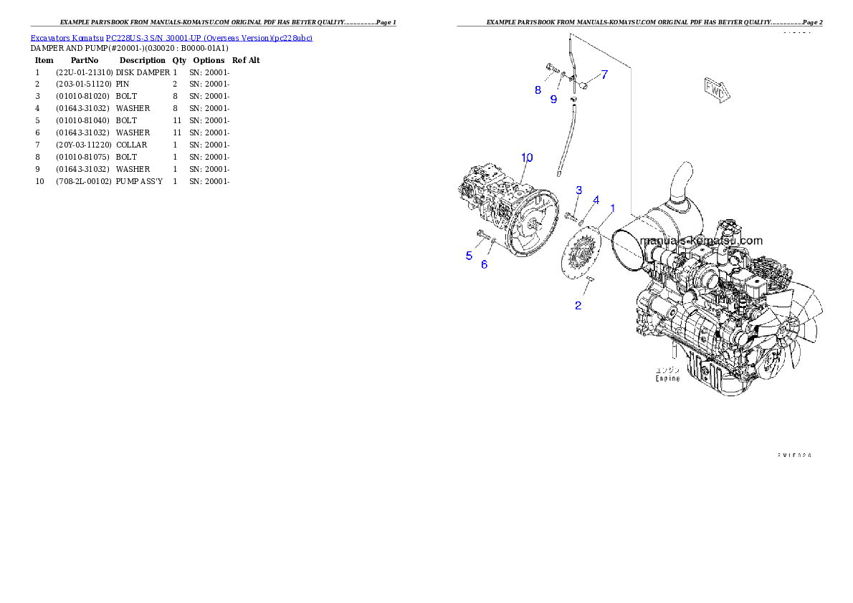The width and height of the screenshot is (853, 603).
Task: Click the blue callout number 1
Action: pyautogui.click(x=612, y=208)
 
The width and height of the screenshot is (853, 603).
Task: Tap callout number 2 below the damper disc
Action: pyautogui.click(x=578, y=306)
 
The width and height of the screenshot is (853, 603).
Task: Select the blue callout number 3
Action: pyautogui.click(x=578, y=190)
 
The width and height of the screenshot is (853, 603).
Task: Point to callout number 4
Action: pyautogui.click(x=596, y=200)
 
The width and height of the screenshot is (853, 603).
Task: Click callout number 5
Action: pyautogui.click(x=470, y=256)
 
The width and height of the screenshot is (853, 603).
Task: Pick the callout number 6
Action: pyautogui.click(x=484, y=264)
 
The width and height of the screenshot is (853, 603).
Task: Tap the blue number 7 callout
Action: pyautogui.click(x=604, y=74)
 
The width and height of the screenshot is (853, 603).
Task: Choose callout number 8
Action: pyautogui.click(x=538, y=90)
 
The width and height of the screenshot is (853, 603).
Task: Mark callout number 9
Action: pyautogui.click(x=553, y=100)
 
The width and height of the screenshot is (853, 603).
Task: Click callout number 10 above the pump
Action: pyautogui.click(x=527, y=157)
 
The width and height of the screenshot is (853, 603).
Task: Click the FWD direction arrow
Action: pyautogui.click(x=715, y=90)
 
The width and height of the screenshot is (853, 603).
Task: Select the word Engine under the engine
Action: pyautogui.click(x=667, y=378)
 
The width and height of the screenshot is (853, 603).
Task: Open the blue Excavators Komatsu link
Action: pyautogui.click(x=171, y=37)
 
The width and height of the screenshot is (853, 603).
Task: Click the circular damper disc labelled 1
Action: pyautogui.click(x=578, y=254)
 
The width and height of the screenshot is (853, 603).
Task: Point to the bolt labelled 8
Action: pyautogui.click(x=551, y=69)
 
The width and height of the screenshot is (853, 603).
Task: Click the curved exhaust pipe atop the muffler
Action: pyautogui.click(x=682, y=179)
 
